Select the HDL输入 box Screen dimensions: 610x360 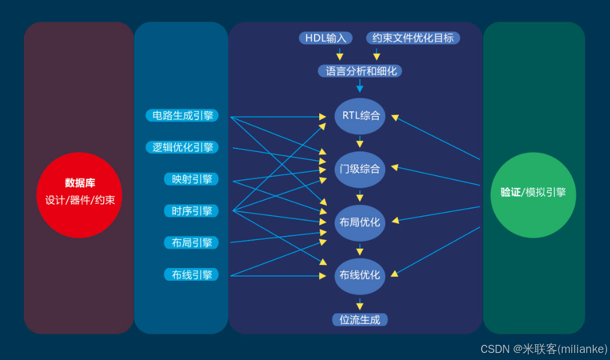[326, 38]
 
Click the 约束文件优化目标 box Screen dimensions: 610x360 [413, 38]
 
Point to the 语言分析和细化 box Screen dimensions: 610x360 [360, 71]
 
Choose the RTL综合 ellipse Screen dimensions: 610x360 [360, 115]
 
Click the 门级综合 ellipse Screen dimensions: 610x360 [360, 169]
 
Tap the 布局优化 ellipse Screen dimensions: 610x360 [360, 223]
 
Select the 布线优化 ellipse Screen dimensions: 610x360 [360, 276]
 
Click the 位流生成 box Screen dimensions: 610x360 [360, 320]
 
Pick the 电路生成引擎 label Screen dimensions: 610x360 [182, 115]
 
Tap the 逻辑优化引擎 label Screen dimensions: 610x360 [182, 147]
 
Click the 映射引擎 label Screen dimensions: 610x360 [192, 179]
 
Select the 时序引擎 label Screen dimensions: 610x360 [192, 210]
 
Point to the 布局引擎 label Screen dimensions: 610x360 [192, 242]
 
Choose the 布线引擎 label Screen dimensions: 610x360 [192, 274]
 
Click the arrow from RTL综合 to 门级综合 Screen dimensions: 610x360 [360, 142]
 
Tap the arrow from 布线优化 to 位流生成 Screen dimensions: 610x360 [360, 303]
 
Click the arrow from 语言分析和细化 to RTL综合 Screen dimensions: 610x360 [360, 86]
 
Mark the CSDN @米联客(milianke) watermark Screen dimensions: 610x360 [544, 349]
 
